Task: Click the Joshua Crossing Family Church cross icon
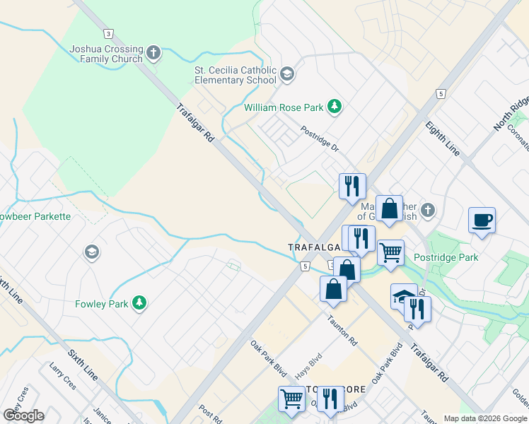[153, 52]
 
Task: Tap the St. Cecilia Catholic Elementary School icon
[286, 73]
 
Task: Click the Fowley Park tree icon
[140, 304]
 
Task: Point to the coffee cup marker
[482, 220]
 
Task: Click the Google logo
[24, 416]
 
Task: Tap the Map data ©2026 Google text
[484, 418]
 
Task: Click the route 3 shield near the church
[108, 33]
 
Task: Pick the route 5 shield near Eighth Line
[441, 94]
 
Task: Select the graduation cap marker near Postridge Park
[403, 296]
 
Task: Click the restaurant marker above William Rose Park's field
[352, 187]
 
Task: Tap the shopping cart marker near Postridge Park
[390, 252]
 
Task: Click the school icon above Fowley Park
[91, 252]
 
